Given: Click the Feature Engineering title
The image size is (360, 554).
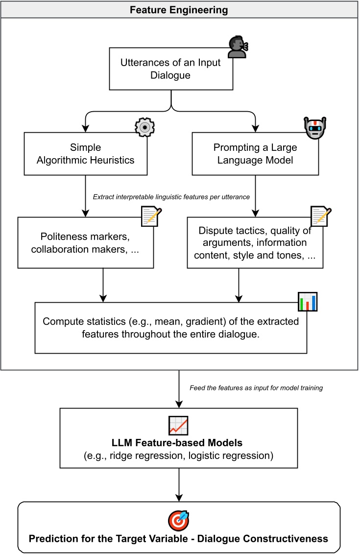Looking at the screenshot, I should (x=180, y=10).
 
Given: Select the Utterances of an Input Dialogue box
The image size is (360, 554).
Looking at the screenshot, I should (x=170, y=69).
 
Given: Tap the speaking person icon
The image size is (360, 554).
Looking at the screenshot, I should (x=238, y=46).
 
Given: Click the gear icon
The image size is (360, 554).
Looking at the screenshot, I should (x=144, y=127).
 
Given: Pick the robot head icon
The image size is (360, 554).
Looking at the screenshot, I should (x=314, y=128).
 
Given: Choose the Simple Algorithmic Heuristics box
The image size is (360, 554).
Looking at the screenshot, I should (x=86, y=153).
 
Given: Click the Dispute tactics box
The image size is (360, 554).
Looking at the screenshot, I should (x=255, y=243).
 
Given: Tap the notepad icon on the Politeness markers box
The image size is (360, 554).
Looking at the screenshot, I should (x=151, y=217).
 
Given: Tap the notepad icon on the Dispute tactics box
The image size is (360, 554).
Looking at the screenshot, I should (x=321, y=217).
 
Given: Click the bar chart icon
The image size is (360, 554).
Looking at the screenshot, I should (x=308, y=302).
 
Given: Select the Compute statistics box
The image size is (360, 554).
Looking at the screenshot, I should (x=170, y=328).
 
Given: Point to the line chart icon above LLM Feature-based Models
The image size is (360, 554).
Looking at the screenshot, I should (x=178, y=424).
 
